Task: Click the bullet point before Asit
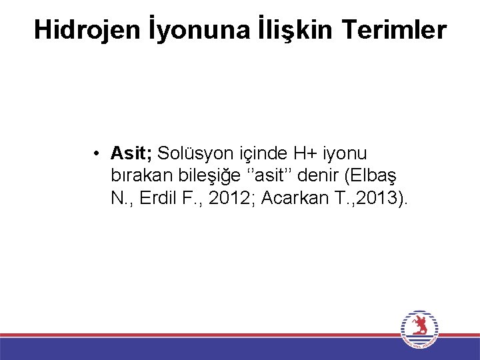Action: tap(97, 154)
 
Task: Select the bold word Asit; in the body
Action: tap(131, 154)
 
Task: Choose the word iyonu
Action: tap(345, 154)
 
